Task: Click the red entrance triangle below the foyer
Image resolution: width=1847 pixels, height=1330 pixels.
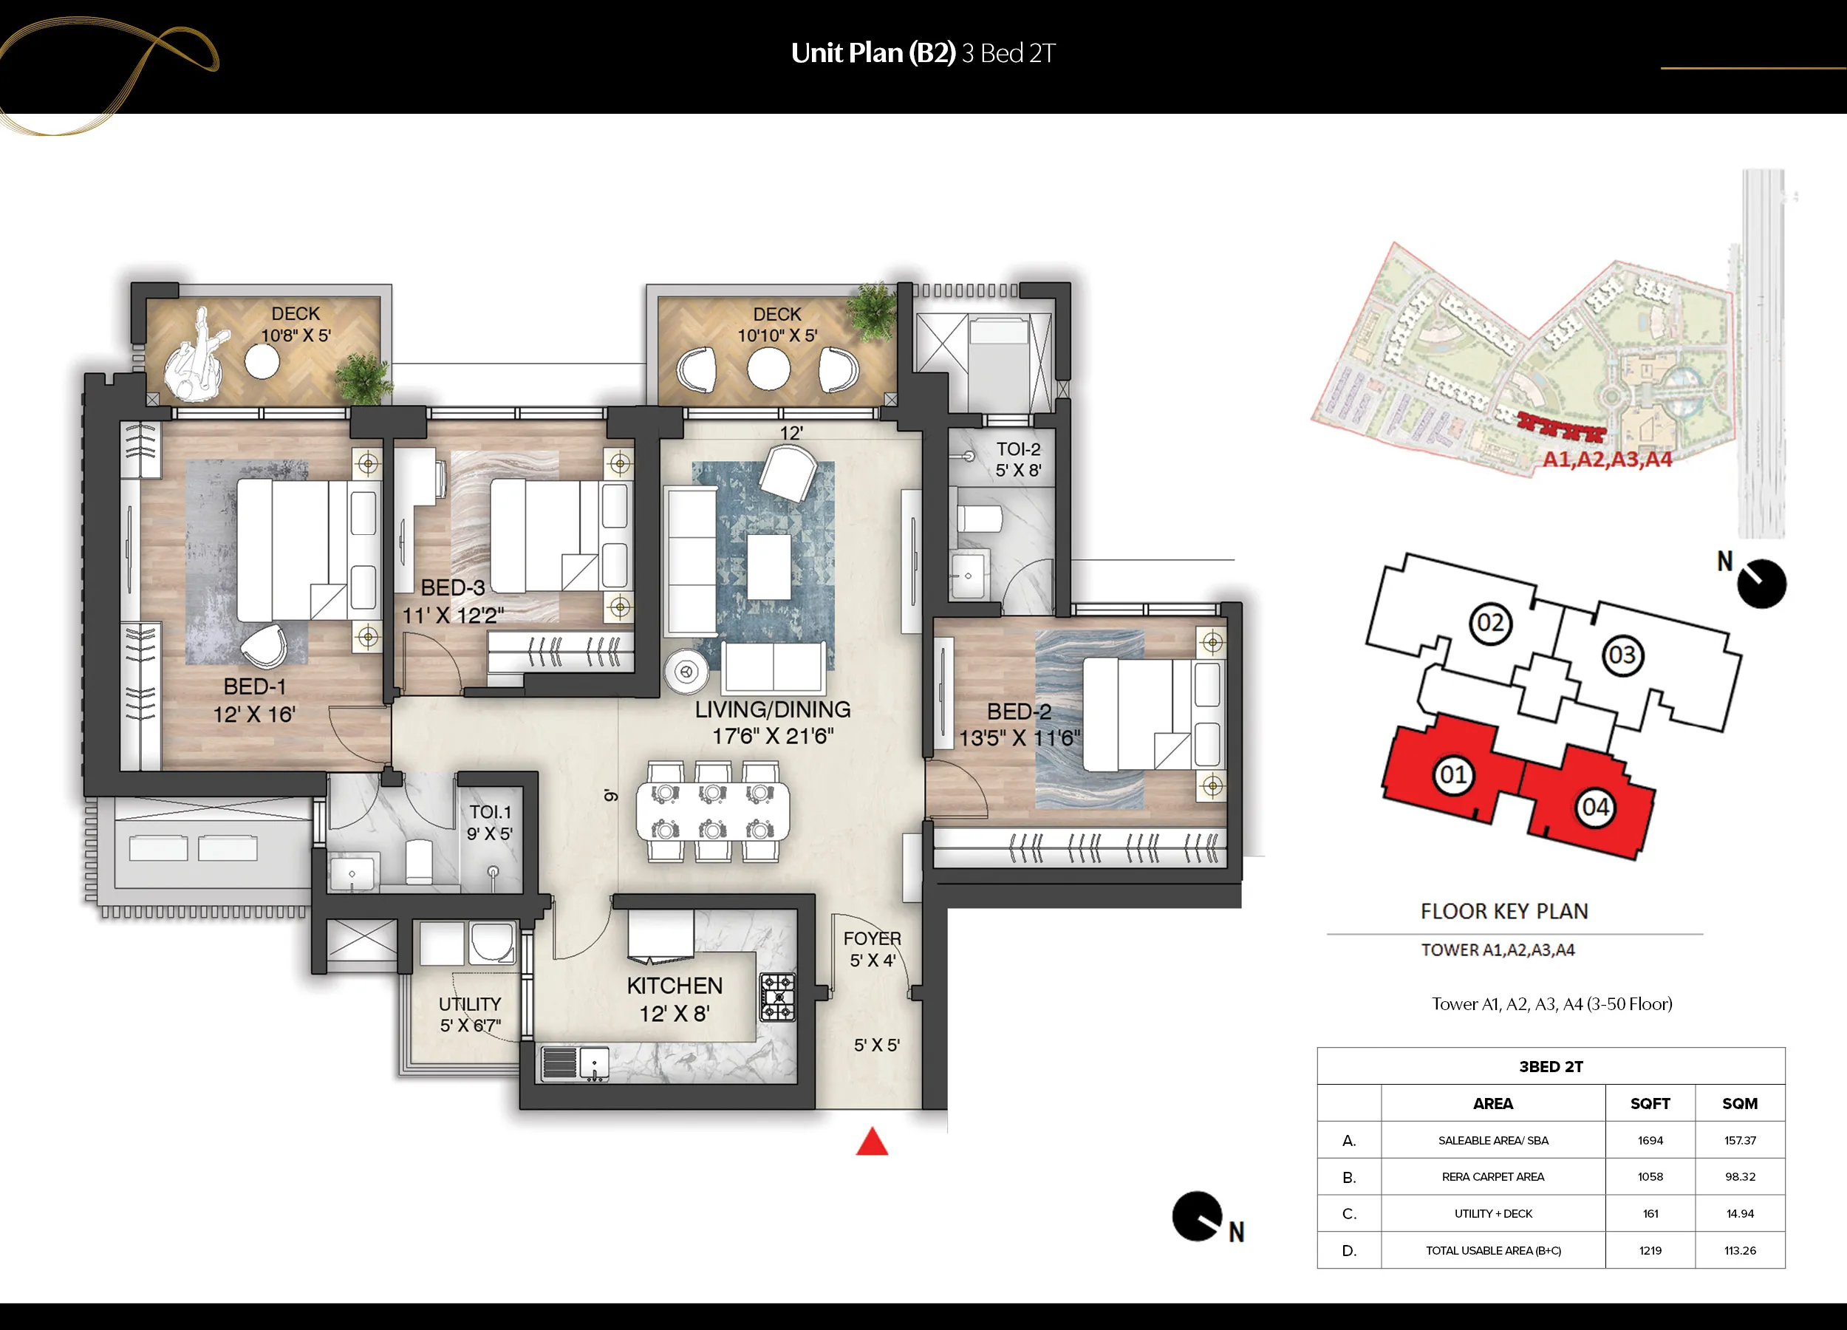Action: click(x=871, y=1142)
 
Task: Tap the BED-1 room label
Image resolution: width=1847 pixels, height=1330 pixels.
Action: click(x=255, y=686)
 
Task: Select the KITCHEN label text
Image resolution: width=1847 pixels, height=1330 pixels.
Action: click(x=675, y=986)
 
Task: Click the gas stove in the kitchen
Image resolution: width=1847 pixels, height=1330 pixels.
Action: click(x=777, y=997)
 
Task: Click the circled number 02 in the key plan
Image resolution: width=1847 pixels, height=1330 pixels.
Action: click(x=1490, y=623)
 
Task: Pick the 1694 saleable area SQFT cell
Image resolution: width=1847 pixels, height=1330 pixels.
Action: click(x=1650, y=1140)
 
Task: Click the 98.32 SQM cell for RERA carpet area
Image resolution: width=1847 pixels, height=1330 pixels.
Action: click(x=1739, y=1177)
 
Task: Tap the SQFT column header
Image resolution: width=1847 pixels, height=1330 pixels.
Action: click(x=1650, y=1104)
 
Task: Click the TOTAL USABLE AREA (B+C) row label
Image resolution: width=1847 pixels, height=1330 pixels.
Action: click(x=1493, y=1250)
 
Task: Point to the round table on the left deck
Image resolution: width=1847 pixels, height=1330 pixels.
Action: click(x=262, y=361)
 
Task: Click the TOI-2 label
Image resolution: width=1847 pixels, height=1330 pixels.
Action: click(x=1018, y=449)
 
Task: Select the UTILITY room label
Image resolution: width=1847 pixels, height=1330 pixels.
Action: click(x=470, y=1004)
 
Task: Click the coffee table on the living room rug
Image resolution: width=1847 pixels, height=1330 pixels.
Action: click(x=769, y=566)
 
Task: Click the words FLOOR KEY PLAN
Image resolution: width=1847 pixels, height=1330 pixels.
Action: click(x=1504, y=911)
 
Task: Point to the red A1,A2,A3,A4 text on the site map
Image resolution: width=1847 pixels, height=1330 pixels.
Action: click(x=1607, y=460)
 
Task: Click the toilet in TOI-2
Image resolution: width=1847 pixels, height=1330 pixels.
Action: click(x=979, y=518)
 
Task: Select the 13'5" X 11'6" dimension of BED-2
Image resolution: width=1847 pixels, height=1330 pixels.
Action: click(x=1019, y=738)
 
